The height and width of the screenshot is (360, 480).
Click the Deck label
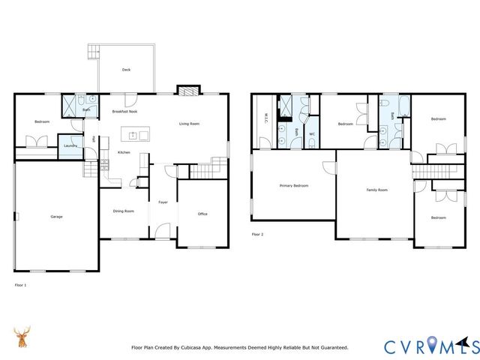126,70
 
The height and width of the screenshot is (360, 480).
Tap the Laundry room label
70,145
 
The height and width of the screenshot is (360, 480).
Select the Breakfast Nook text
124,111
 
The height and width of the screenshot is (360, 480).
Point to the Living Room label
189,124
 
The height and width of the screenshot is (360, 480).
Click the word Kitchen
124,153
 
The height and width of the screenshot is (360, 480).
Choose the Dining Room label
124,211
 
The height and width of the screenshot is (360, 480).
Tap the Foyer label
163,202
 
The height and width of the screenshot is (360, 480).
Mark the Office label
202,214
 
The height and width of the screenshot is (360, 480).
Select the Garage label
56,217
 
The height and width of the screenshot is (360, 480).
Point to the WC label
311,133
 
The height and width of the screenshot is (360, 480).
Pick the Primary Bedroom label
294,185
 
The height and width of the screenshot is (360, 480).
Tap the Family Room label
376,190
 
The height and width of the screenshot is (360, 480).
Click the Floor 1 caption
20,285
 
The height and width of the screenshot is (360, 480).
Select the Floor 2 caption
258,235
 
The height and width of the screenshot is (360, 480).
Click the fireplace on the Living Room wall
187,90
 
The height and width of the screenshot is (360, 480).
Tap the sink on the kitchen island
132,136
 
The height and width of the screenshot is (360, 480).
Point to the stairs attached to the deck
93,52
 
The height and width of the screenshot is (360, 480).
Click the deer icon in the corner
23,337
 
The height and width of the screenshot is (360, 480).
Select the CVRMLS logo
431,346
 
